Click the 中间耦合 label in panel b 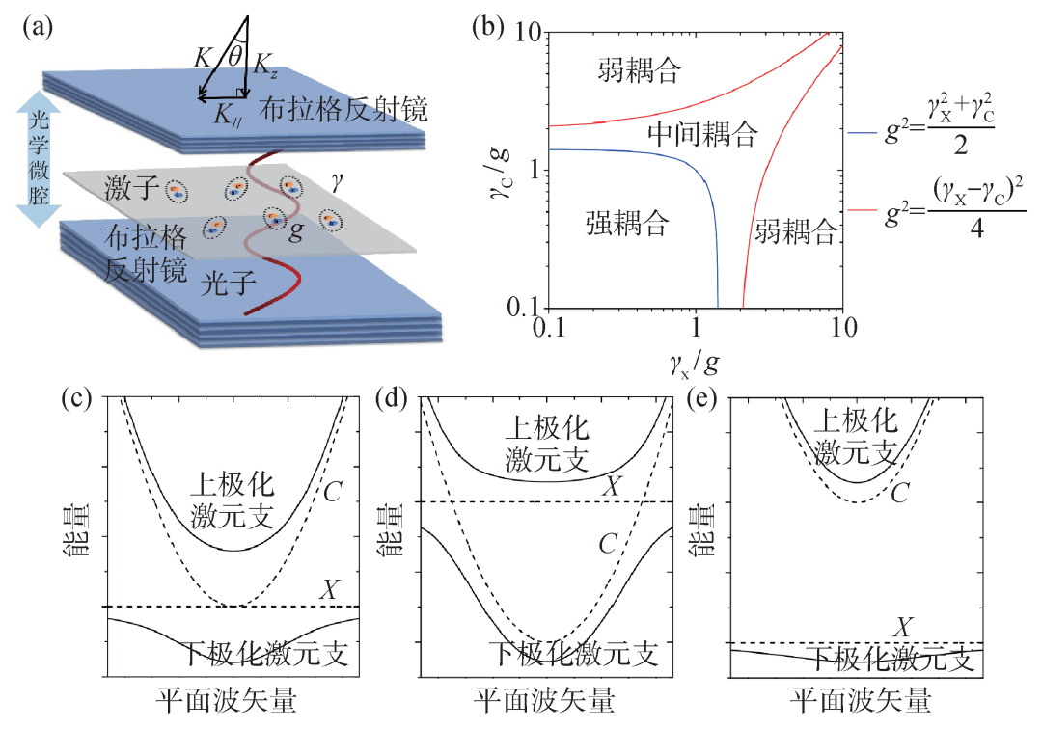[704, 132]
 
